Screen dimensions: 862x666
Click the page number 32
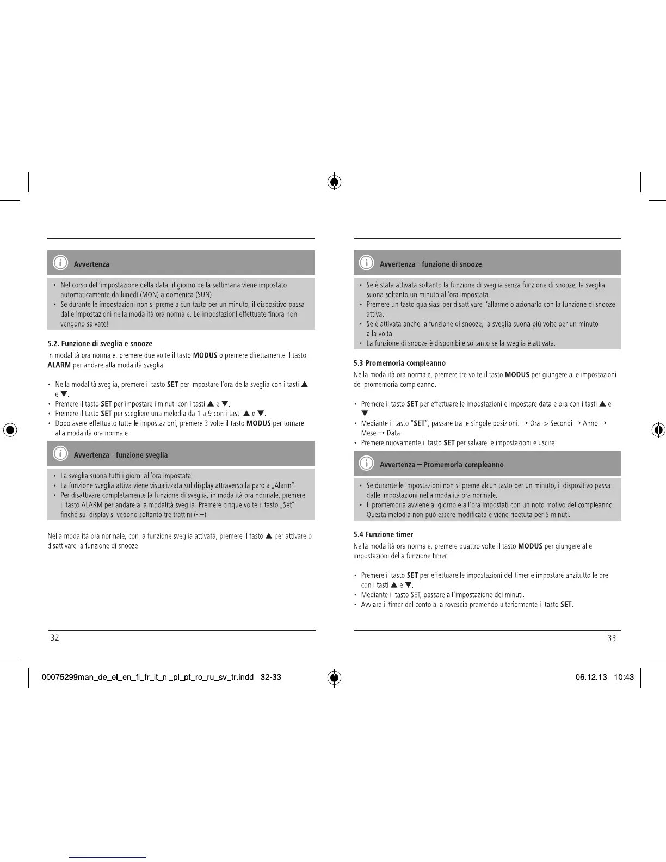point(54,638)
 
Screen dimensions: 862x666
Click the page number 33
point(612,638)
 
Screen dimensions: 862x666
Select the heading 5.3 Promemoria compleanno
point(399,363)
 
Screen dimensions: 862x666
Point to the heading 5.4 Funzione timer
point(383,534)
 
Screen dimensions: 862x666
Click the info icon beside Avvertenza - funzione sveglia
point(60,453)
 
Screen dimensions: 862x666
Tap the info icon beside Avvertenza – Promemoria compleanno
point(366,463)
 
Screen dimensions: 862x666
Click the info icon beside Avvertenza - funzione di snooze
point(366,263)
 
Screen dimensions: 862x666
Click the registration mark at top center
point(334,182)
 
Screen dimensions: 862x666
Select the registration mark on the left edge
point(9,430)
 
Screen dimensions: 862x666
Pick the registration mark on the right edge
point(657,430)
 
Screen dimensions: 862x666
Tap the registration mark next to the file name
point(334,678)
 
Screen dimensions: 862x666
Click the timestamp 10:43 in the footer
point(624,678)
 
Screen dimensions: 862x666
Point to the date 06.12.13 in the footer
point(591,678)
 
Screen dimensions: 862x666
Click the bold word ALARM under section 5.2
point(59,365)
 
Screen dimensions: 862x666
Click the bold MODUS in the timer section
point(530,546)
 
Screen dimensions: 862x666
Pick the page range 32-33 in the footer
point(271,678)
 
